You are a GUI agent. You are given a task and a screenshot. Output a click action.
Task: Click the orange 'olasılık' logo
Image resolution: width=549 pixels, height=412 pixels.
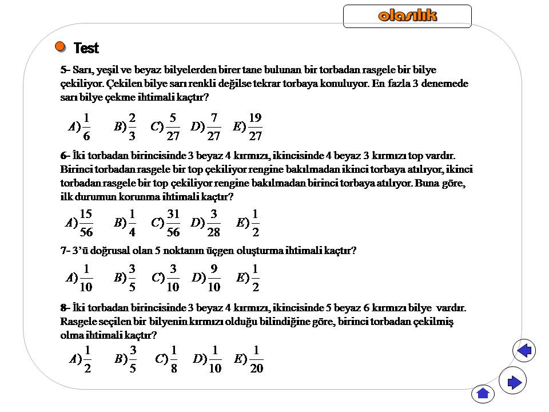tap(407, 15)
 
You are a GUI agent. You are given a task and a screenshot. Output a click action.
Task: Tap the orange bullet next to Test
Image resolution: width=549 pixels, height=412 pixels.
tap(60, 46)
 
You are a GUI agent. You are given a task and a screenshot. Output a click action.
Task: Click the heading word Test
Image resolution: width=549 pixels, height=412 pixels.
tap(86, 49)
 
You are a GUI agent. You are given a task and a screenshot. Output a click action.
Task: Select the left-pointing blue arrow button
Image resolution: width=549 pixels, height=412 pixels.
tap(524, 350)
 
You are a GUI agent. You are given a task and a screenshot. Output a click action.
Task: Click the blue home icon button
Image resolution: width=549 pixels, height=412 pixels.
tap(483, 393)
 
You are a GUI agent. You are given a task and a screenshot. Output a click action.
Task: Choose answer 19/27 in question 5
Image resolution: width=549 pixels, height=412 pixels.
tap(256, 127)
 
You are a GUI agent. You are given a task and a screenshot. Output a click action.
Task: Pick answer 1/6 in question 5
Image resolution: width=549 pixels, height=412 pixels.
tap(86, 127)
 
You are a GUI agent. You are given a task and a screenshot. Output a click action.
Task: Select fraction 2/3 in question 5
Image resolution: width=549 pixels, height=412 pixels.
tap(132, 127)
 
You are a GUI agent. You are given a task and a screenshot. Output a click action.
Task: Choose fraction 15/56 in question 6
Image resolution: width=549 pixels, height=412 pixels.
tap(86, 223)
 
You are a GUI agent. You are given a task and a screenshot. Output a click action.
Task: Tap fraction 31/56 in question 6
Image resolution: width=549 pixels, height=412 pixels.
tap(173, 223)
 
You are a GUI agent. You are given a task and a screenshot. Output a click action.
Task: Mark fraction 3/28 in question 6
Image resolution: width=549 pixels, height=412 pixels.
tap(214, 223)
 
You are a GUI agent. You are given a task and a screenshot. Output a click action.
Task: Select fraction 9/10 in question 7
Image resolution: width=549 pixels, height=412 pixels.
tap(214, 278)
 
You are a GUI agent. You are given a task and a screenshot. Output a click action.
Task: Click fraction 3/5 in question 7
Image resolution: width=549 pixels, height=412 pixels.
tap(132, 278)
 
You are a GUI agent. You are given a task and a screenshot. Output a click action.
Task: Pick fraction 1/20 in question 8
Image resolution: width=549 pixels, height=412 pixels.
tap(257, 359)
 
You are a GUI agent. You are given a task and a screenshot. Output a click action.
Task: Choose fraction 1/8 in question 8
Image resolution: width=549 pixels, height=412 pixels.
tap(174, 359)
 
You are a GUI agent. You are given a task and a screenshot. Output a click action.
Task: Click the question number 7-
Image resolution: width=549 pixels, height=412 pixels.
tap(65, 251)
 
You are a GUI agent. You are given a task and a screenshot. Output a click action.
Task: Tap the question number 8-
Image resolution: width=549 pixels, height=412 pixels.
tap(65, 308)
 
